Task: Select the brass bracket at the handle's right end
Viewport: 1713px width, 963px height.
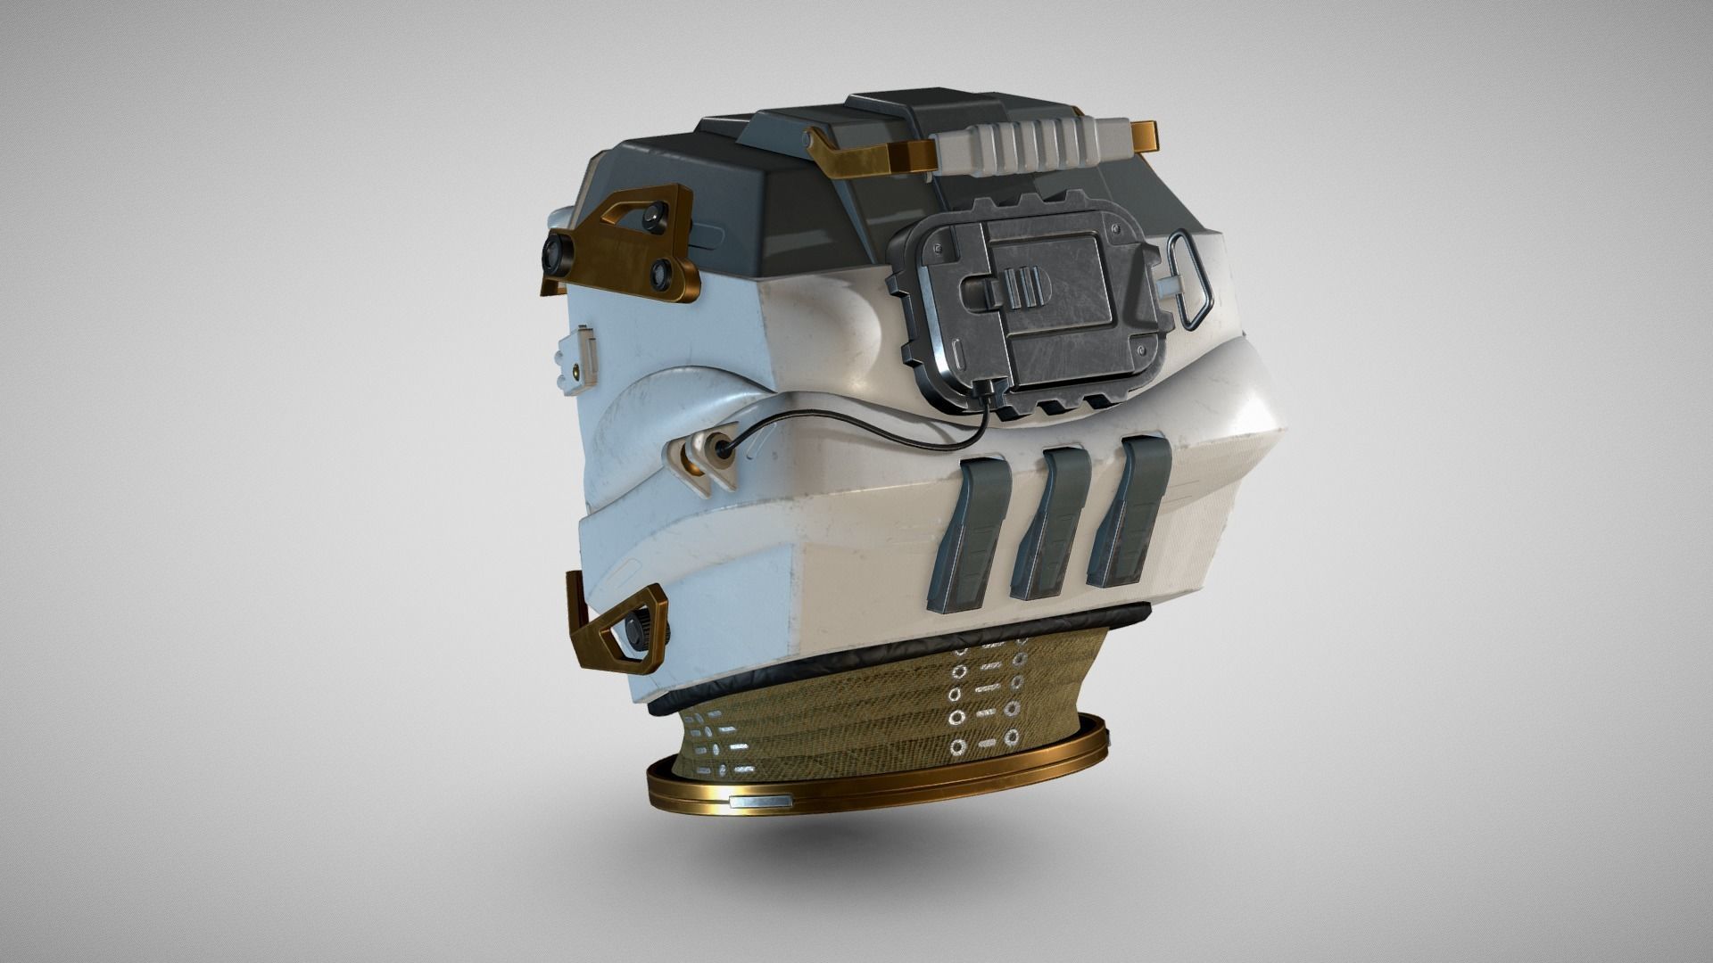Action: (1146, 134)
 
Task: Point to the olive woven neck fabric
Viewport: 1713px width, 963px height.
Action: (848, 731)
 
